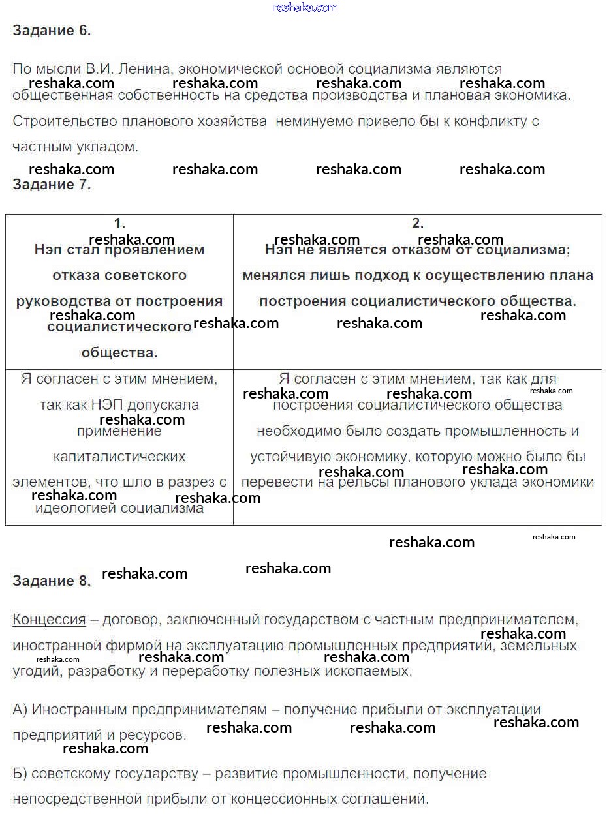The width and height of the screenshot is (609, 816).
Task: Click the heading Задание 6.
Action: coord(52,31)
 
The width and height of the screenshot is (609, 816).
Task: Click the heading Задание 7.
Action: coord(52,185)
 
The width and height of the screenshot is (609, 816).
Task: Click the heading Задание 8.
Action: coord(52,581)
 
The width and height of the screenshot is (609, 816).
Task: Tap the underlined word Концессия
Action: coord(49,620)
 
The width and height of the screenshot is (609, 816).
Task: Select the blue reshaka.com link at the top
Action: coord(305,7)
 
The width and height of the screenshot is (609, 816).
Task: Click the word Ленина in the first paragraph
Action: coord(151,69)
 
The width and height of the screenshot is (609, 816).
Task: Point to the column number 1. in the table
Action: coord(119,224)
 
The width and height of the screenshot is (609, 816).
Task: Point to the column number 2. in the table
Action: coord(418,224)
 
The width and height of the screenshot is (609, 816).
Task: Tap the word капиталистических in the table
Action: coord(119,457)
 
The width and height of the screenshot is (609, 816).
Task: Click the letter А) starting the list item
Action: coord(20,710)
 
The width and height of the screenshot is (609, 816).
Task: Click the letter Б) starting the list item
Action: coord(20,774)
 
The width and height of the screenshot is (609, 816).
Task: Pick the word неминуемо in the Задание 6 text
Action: coord(307,121)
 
